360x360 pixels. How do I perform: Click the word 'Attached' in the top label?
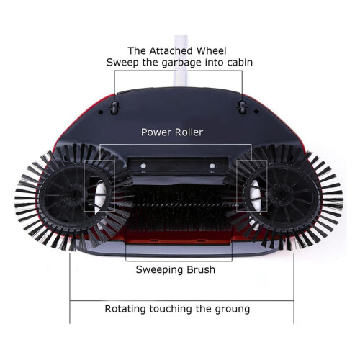point(171,51)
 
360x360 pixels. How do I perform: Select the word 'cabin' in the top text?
point(240,63)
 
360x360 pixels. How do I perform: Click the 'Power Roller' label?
point(172,132)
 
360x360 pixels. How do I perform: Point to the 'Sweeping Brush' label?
point(176,270)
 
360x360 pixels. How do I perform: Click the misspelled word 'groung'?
point(233,310)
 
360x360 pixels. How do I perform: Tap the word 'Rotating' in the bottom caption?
point(125,309)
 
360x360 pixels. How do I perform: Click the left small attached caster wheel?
point(114,107)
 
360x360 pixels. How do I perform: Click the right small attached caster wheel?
point(242,107)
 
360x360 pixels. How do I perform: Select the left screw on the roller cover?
point(143,166)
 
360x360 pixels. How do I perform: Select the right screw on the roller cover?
point(212,166)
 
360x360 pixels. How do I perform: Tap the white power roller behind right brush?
point(254,194)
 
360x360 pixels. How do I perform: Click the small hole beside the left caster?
point(101,112)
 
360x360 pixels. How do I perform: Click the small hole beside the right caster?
point(256,112)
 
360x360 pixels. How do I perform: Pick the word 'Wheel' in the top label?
point(212,51)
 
